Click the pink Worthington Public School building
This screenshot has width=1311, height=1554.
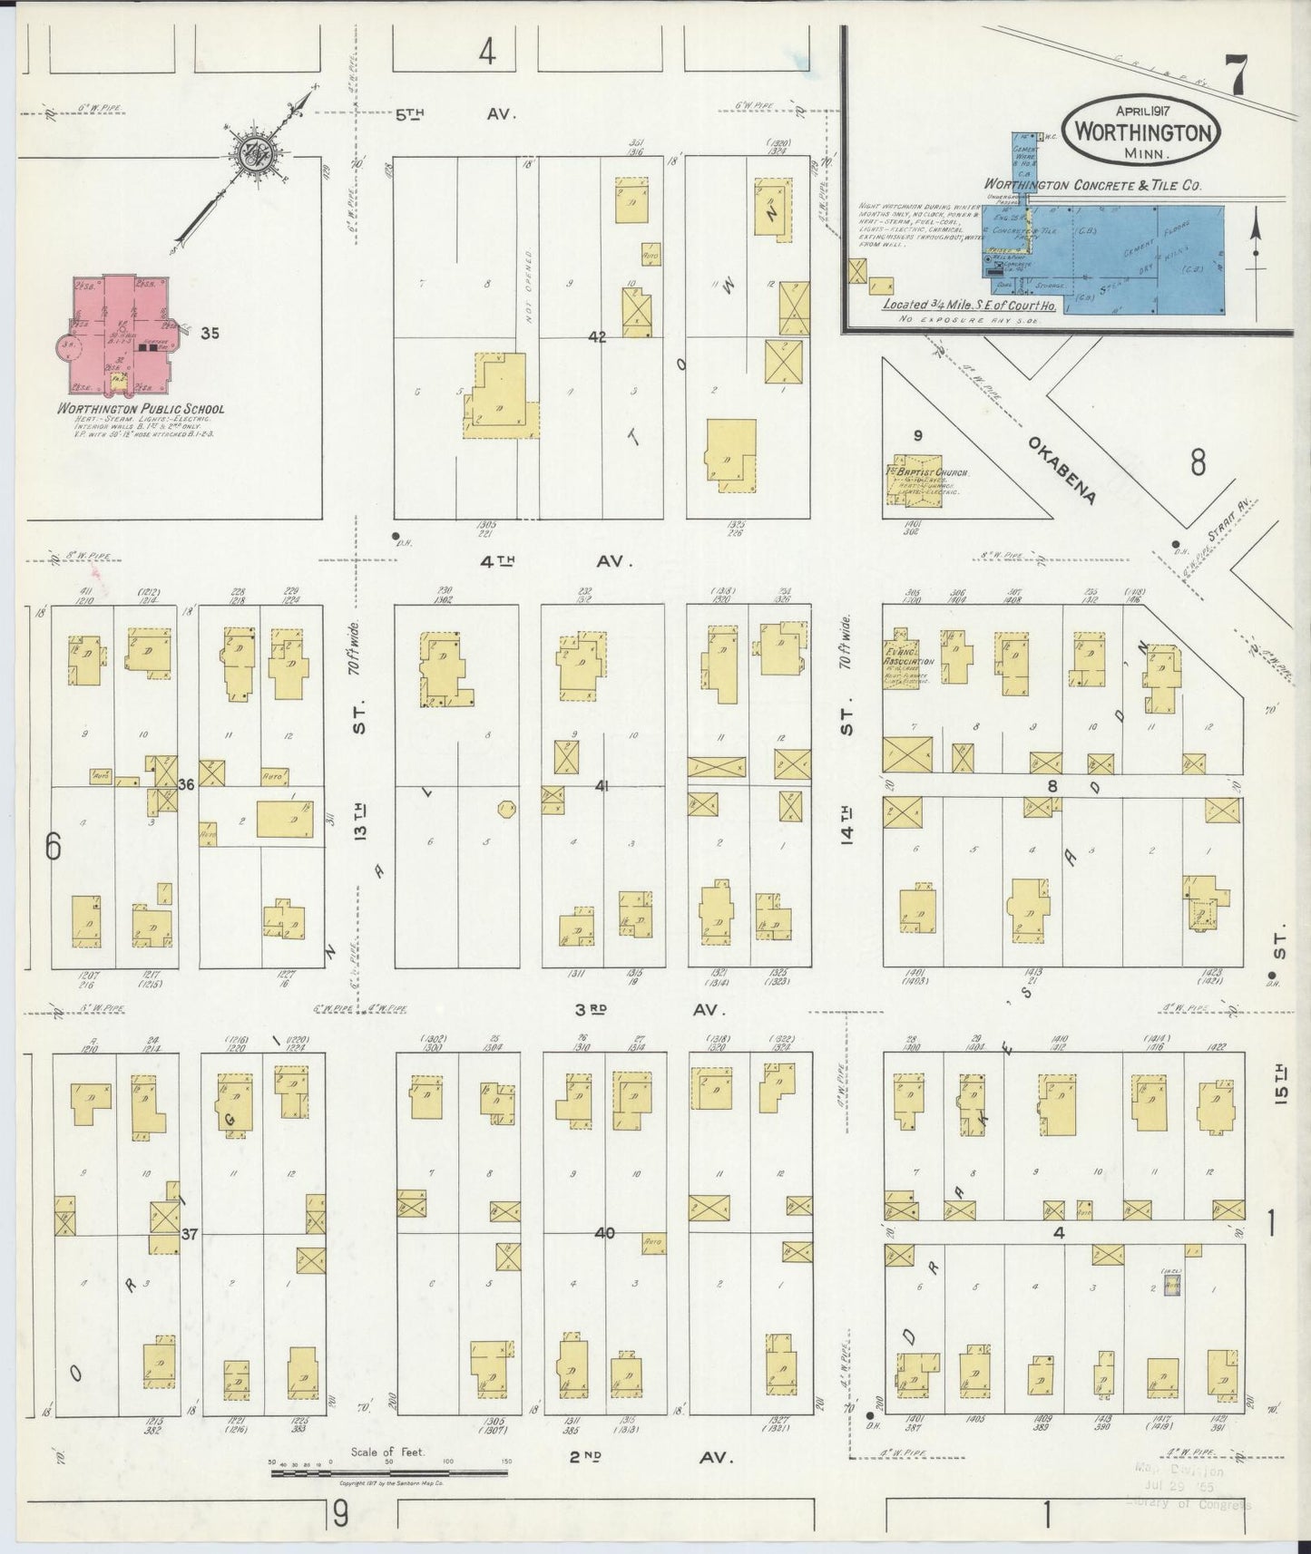tap(122, 335)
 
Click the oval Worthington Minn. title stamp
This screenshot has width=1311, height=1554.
tap(1144, 132)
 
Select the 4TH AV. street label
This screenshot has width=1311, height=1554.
tap(554, 561)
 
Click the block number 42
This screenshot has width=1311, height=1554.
tap(596, 337)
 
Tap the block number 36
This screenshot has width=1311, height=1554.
tap(186, 784)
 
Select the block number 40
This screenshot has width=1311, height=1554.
tap(604, 1233)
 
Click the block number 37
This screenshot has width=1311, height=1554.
tap(189, 1233)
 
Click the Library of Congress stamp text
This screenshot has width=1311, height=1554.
tap(1187, 1505)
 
